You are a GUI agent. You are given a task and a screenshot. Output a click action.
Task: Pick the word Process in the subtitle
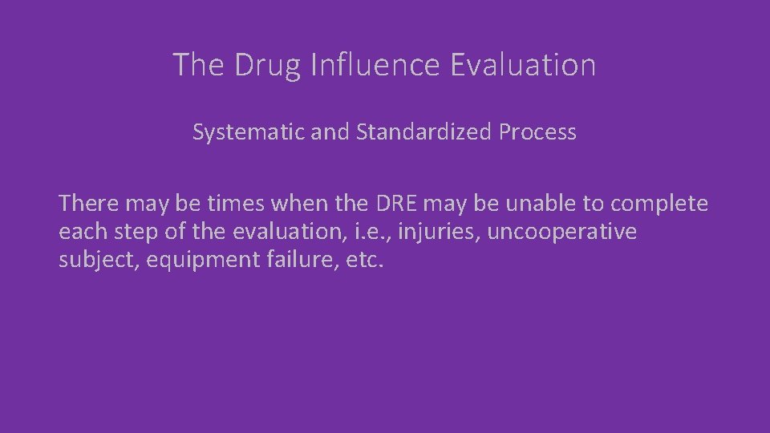click(x=537, y=132)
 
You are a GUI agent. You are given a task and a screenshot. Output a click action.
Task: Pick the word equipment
click(x=192, y=261)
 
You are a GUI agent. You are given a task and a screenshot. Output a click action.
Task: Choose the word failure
click(x=292, y=261)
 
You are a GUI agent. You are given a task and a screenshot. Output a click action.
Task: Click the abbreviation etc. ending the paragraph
click(x=365, y=261)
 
